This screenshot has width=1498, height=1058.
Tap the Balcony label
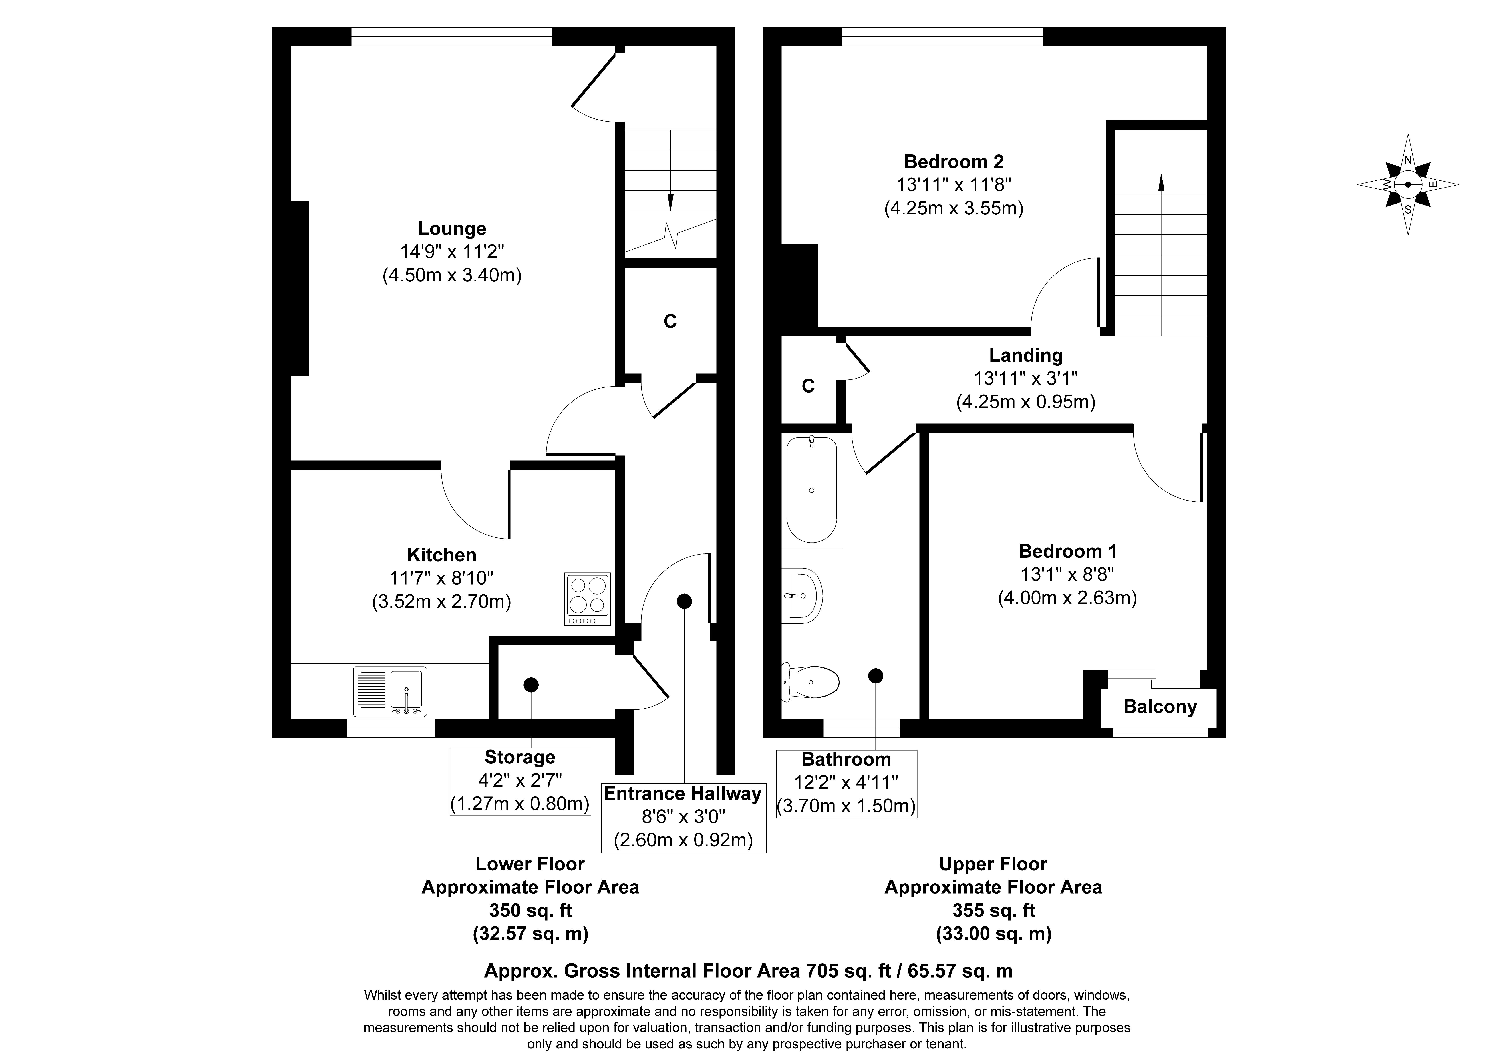click(1160, 707)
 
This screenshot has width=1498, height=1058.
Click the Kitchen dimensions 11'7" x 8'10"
click(442, 578)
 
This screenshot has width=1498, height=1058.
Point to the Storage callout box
click(520, 781)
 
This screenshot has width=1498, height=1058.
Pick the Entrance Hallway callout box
click(683, 817)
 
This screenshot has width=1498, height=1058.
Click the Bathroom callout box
click(846, 783)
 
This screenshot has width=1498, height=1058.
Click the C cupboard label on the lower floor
click(670, 321)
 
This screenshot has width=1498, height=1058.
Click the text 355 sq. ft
click(993, 910)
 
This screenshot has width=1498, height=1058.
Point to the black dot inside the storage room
click(531, 685)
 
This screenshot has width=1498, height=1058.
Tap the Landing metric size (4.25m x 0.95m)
click(1026, 402)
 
